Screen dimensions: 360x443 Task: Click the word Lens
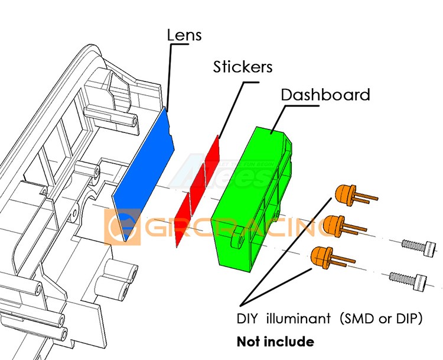click(x=184, y=35)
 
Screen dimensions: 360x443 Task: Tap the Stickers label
click(x=243, y=67)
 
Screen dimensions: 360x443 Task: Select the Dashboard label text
click(x=325, y=95)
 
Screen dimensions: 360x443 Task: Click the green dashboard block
click(x=254, y=195)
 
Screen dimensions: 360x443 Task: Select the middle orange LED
click(x=334, y=225)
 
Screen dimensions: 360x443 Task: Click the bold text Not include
click(x=275, y=342)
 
